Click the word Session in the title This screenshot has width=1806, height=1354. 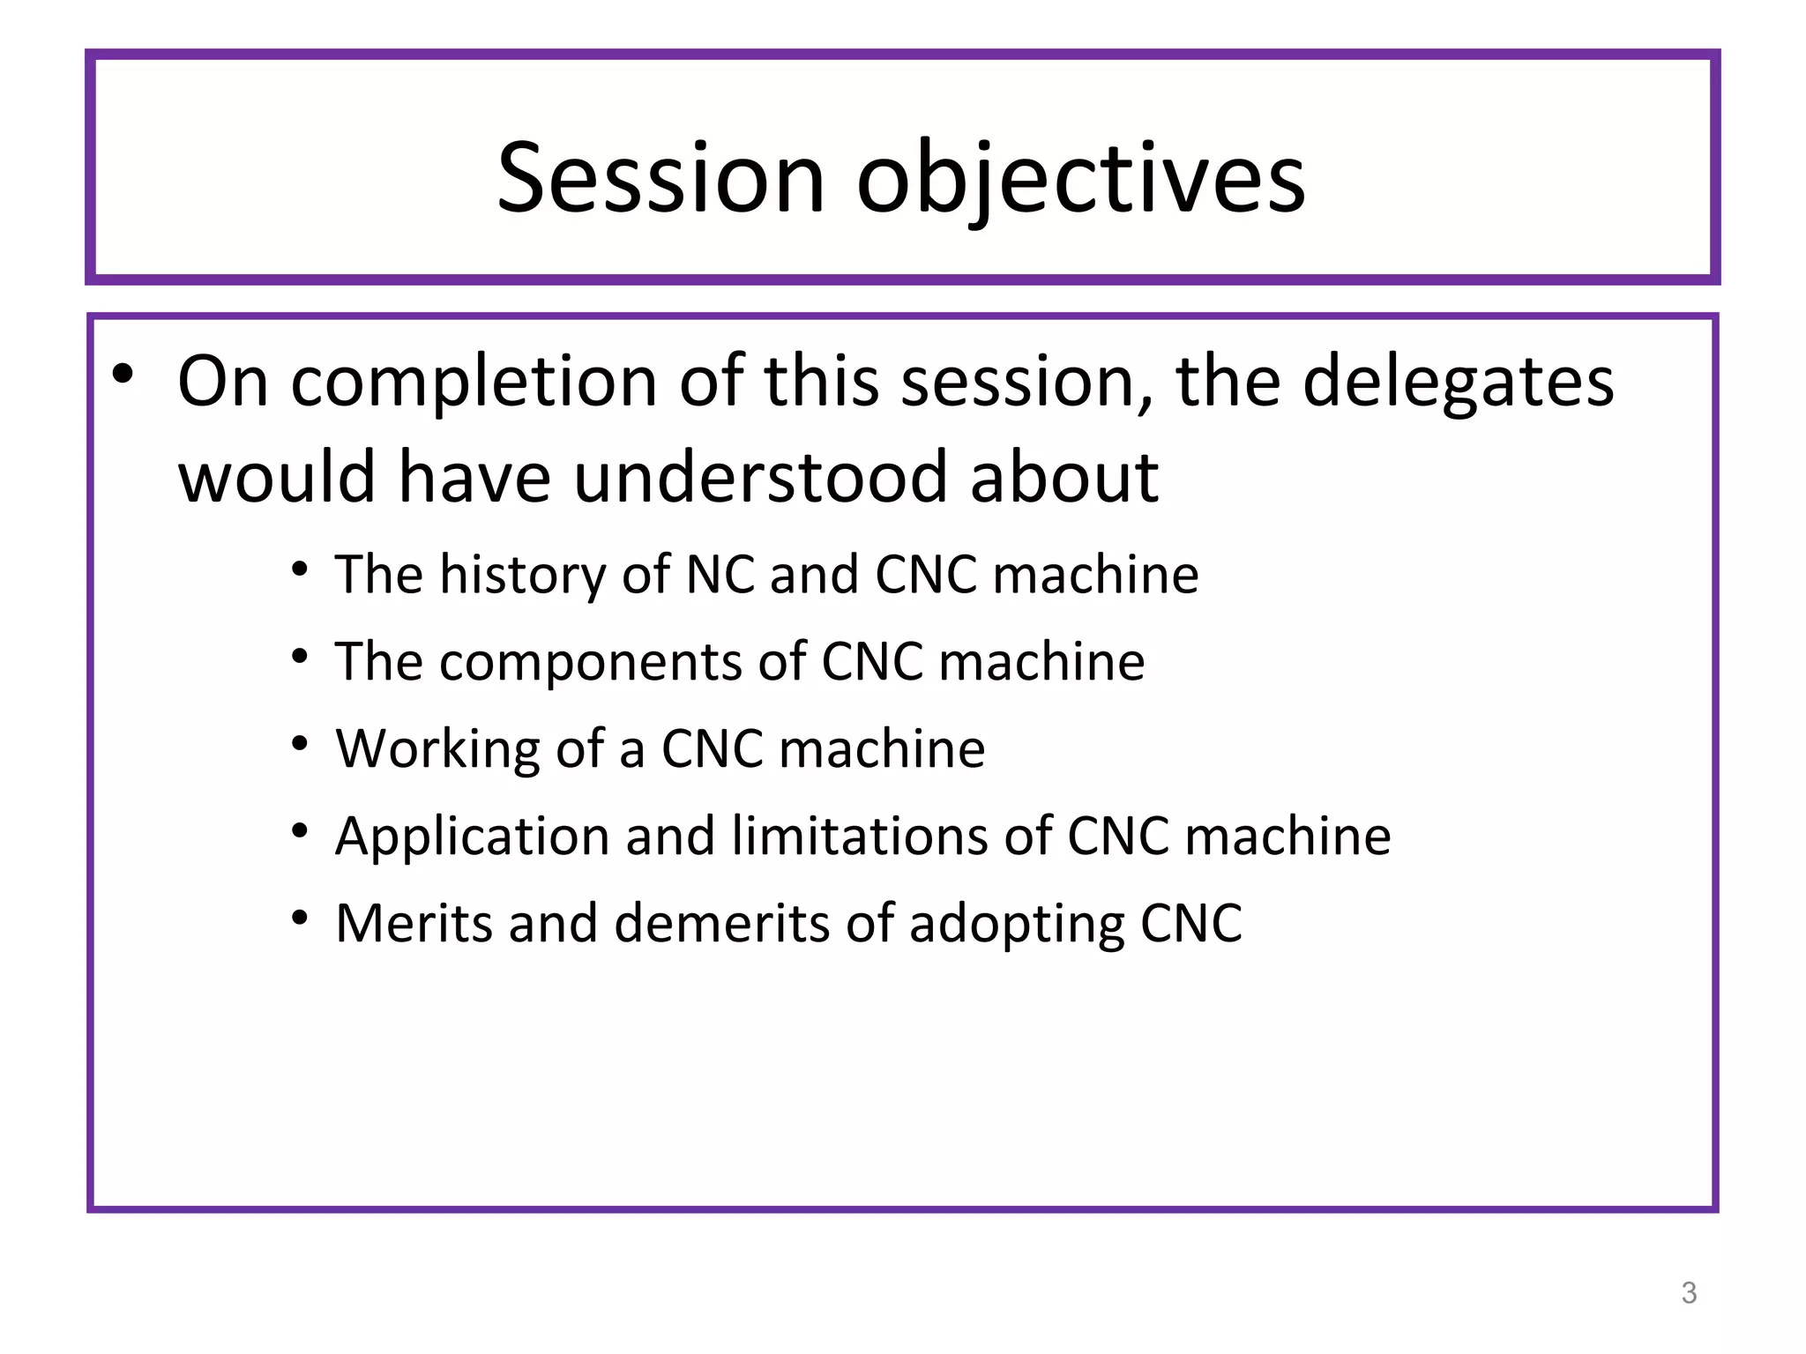pos(661,178)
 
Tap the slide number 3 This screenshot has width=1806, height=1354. pos(1689,1292)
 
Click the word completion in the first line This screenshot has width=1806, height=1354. pos(474,382)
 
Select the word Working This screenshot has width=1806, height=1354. pos(437,749)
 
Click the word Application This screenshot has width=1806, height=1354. pos(472,837)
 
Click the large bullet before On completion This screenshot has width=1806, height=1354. pos(123,375)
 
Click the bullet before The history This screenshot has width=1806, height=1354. pos(301,569)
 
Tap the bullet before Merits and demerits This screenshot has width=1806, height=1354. pos(301,918)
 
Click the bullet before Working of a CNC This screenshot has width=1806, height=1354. pos(301,744)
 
